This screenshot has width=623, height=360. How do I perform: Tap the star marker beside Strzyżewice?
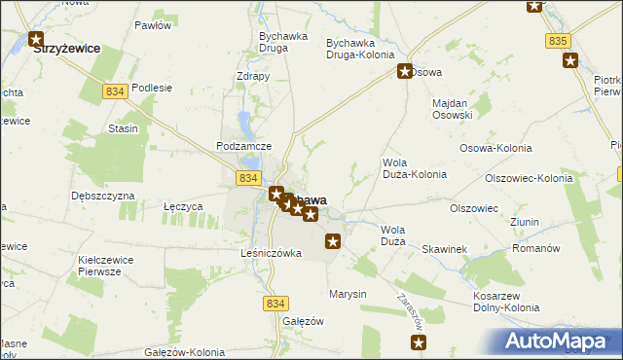click(x=37, y=41)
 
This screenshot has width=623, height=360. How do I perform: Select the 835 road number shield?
click(x=557, y=41)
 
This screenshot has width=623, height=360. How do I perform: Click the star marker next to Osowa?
click(x=405, y=71)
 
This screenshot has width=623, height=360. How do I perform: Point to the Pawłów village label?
click(x=153, y=25)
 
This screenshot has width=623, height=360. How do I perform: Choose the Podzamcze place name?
click(x=242, y=146)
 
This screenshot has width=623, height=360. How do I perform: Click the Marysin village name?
click(x=348, y=294)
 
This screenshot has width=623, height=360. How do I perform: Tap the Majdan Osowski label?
click(x=452, y=109)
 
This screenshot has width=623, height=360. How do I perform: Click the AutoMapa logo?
click(x=558, y=341)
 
